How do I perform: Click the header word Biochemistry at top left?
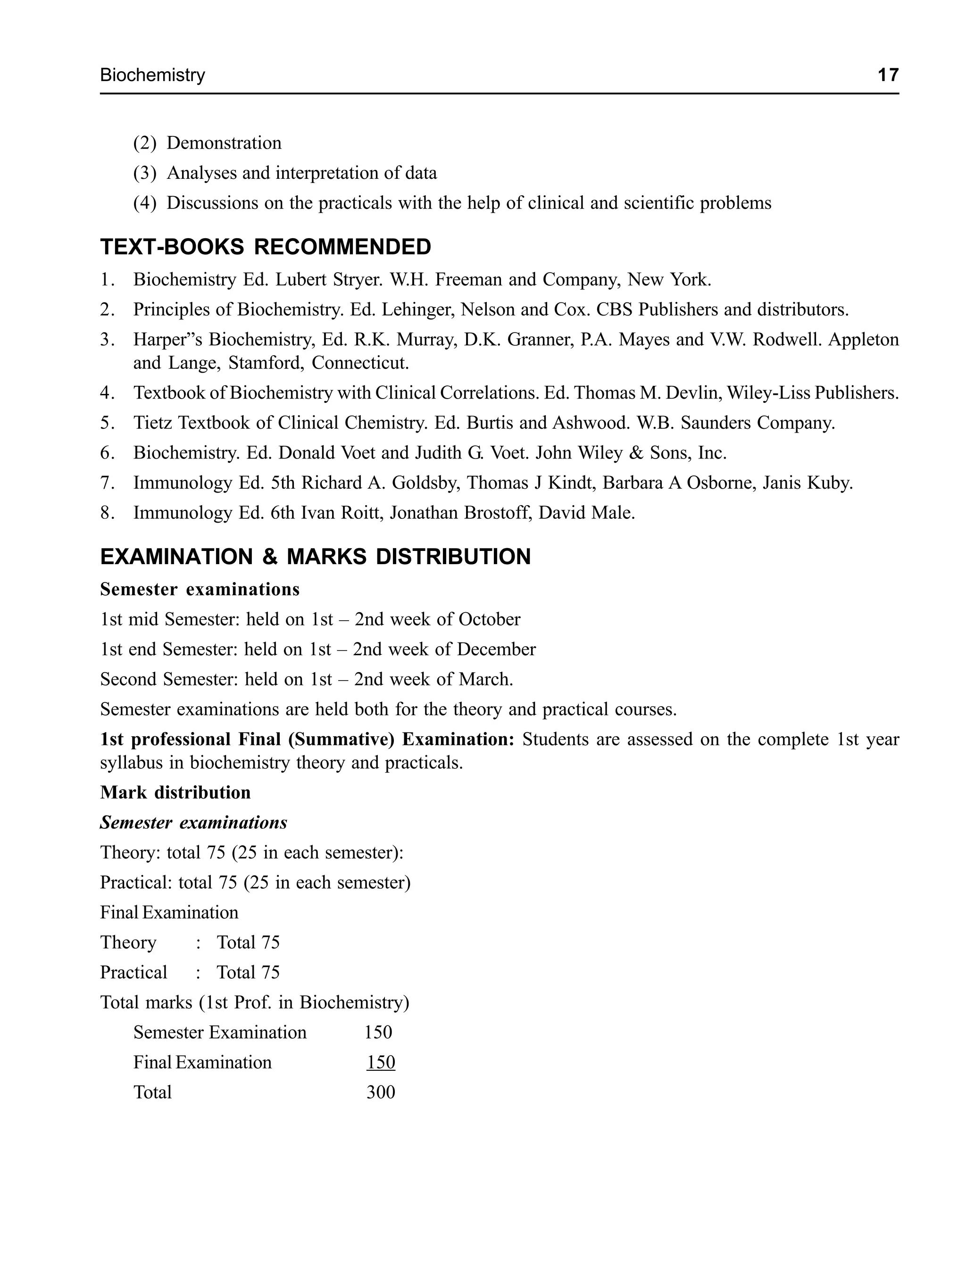[152, 75]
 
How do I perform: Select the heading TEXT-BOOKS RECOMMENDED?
[266, 247]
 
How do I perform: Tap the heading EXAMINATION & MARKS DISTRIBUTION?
[315, 557]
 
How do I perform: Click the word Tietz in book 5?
[153, 423]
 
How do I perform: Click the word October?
[489, 620]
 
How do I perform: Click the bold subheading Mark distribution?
[175, 793]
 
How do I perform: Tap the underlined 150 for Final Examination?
[381, 1063]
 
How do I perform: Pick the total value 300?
[381, 1092]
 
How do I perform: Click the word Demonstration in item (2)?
[224, 143]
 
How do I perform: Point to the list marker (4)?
[144, 203]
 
